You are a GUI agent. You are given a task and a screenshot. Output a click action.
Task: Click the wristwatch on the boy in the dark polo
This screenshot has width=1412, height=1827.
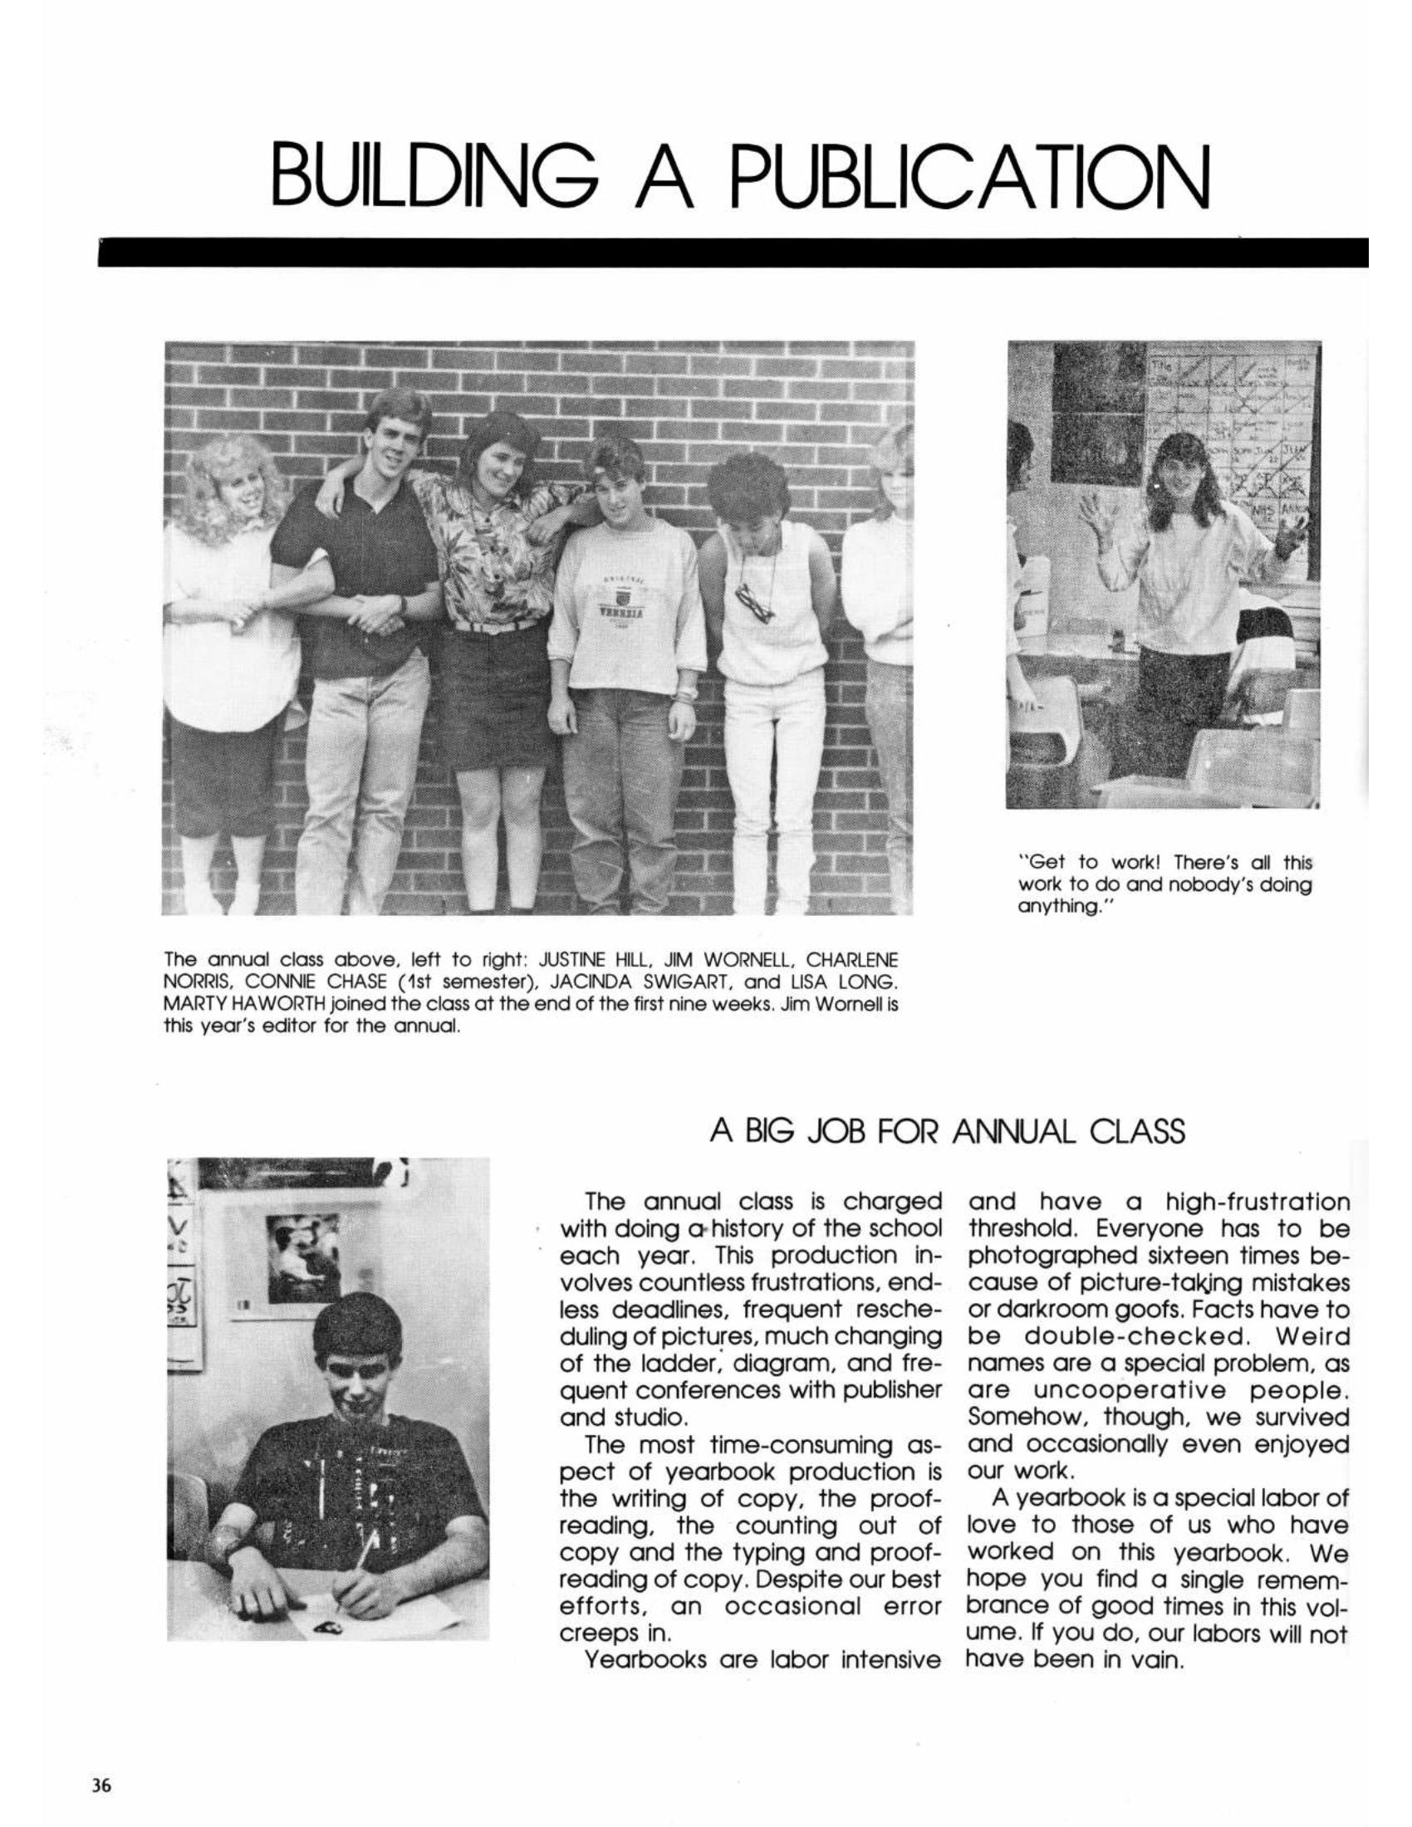(403, 602)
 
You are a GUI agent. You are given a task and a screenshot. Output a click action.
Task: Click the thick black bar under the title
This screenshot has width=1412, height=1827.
(732, 252)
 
